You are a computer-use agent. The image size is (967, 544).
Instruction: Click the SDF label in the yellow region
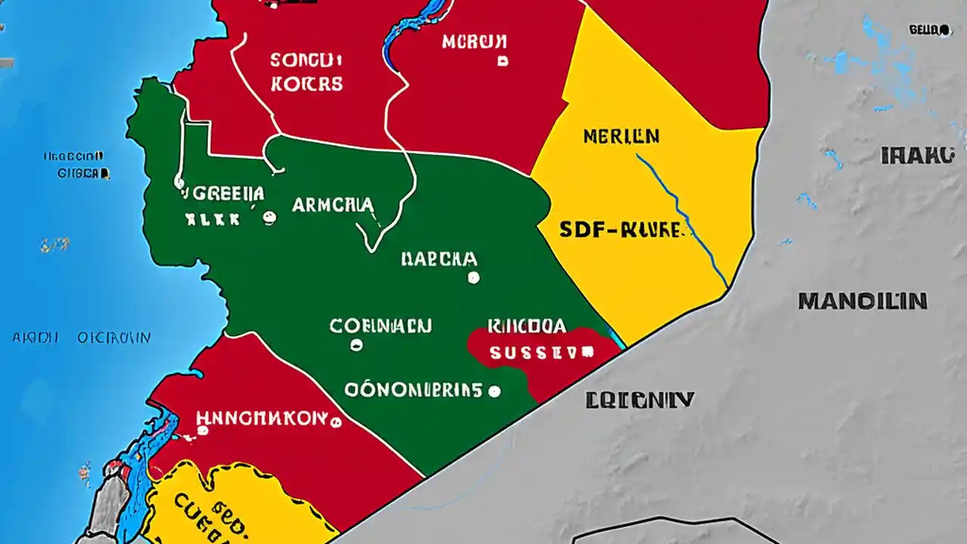tap(620, 230)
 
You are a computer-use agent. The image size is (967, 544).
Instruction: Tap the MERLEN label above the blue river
tap(621, 137)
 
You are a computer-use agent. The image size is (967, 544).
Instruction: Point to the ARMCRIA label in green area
tap(332, 205)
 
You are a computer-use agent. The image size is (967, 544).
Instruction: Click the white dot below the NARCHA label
tap(474, 277)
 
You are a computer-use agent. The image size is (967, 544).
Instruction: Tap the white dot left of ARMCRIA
tap(269, 218)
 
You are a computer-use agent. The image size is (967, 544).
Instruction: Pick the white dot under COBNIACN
tap(357, 345)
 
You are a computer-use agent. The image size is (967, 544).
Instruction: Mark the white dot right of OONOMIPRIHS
tap(494, 391)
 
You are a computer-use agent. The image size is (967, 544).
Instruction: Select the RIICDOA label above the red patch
tap(527, 326)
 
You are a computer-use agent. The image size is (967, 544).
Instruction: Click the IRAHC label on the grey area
tap(917, 156)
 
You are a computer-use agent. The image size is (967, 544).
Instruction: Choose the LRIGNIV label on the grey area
tap(639, 400)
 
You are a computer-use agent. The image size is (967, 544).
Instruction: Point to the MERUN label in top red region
tap(474, 42)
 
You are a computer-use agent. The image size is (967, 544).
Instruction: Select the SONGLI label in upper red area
tap(306, 60)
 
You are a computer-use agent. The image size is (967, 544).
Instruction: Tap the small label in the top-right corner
tap(928, 30)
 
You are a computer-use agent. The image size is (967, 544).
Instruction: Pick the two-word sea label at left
tap(82, 338)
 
